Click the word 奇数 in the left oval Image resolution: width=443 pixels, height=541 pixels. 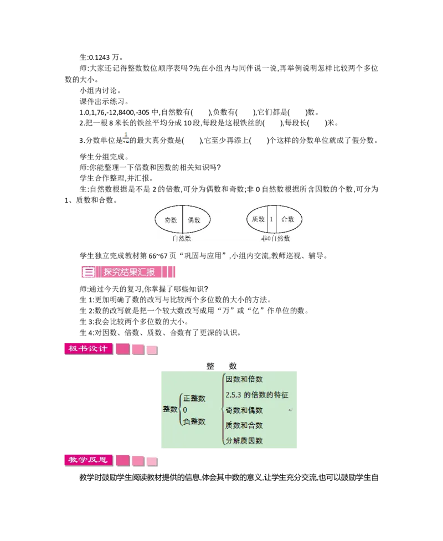pos(170,220)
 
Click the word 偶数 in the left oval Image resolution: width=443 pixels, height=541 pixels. pos(194,220)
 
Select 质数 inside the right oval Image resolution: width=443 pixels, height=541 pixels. pos(258,219)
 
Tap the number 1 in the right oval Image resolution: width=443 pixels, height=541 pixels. pos(271,219)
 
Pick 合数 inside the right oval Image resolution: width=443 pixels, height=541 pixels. pos(288,219)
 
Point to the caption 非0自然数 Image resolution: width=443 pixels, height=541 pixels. pos(276,239)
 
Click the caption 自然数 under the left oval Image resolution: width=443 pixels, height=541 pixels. pos(181,239)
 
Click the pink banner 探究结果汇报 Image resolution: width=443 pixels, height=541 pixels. pos(130,272)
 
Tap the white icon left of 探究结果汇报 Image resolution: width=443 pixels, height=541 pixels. pos(88,272)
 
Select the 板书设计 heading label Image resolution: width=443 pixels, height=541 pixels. pos(88,349)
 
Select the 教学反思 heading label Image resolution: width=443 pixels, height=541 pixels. pos(88,460)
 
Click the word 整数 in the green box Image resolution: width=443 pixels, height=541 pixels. pos(170,409)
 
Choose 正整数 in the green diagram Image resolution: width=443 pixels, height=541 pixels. pos(194,398)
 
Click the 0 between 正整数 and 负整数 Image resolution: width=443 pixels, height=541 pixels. pos(185,410)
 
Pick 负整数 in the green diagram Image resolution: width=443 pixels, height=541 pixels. pos(194,421)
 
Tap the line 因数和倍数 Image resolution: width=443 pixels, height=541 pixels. pos(244,379)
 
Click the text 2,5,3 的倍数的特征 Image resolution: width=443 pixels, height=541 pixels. pos(257,395)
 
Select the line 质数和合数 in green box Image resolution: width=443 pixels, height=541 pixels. pos(244,425)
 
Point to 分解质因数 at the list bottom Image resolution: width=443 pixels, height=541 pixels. pos(244,441)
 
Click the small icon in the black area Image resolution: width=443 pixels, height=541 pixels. pos(127,137)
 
